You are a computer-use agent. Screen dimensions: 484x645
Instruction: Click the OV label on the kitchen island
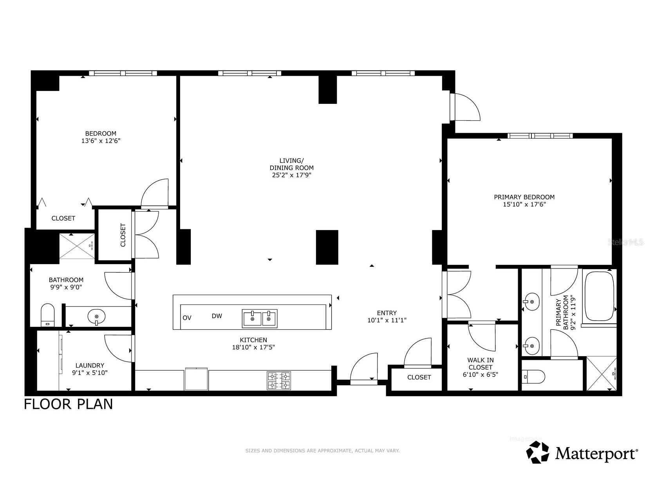click(x=187, y=317)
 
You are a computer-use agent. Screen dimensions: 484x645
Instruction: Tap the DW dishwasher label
click(x=217, y=316)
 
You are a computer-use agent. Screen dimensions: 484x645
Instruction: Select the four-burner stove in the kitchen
click(x=279, y=380)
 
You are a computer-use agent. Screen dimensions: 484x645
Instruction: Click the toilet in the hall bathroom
click(x=48, y=314)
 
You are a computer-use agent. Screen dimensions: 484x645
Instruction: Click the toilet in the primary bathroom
click(x=533, y=377)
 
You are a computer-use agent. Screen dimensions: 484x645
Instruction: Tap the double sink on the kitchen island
click(x=259, y=318)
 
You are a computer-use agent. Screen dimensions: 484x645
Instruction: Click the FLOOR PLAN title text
click(x=69, y=404)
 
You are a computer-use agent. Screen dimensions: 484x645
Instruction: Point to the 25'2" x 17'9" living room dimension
click(x=291, y=175)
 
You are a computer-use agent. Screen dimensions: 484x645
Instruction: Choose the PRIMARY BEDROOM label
click(x=524, y=197)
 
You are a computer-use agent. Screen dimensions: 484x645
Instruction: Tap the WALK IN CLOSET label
click(x=480, y=364)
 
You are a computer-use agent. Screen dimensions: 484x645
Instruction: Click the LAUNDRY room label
click(x=90, y=365)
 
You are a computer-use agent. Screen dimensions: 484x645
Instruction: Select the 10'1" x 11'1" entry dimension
click(x=387, y=320)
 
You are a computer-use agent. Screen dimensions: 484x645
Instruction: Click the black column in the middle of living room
click(x=327, y=247)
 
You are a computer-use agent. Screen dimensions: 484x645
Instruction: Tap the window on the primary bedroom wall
click(x=540, y=136)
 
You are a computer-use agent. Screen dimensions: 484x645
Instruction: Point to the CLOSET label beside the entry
click(x=419, y=377)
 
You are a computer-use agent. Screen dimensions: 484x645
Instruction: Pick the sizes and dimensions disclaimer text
click(x=322, y=451)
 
